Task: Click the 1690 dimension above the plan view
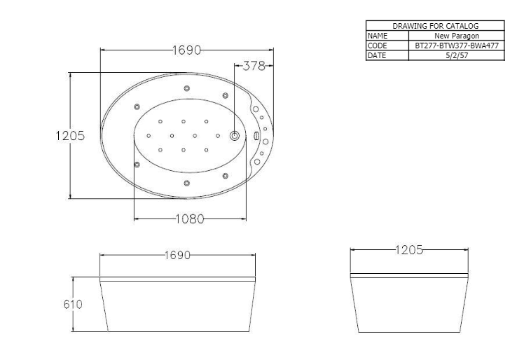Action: pos(186,50)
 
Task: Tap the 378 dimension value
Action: pos(253,67)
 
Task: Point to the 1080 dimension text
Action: pos(189,219)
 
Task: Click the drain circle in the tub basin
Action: pos(235,136)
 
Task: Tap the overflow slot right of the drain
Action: pos(256,137)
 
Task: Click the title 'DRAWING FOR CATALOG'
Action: pos(435,25)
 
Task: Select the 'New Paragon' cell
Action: pos(456,35)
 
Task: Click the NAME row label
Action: pos(378,35)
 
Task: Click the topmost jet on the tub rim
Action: pos(186,88)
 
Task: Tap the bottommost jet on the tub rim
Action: pos(186,184)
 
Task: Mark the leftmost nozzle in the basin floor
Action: pos(149,135)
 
